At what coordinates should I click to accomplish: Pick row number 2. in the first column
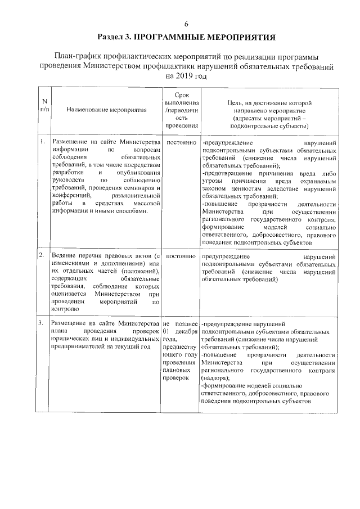(x=42, y=256)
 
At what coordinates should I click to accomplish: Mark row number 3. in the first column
(x=42, y=324)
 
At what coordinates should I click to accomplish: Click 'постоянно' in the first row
(x=181, y=143)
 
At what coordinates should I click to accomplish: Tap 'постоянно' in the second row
(x=181, y=256)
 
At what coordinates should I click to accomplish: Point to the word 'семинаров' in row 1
(x=136, y=187)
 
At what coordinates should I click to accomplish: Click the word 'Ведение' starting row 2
(x=64, y=256)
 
